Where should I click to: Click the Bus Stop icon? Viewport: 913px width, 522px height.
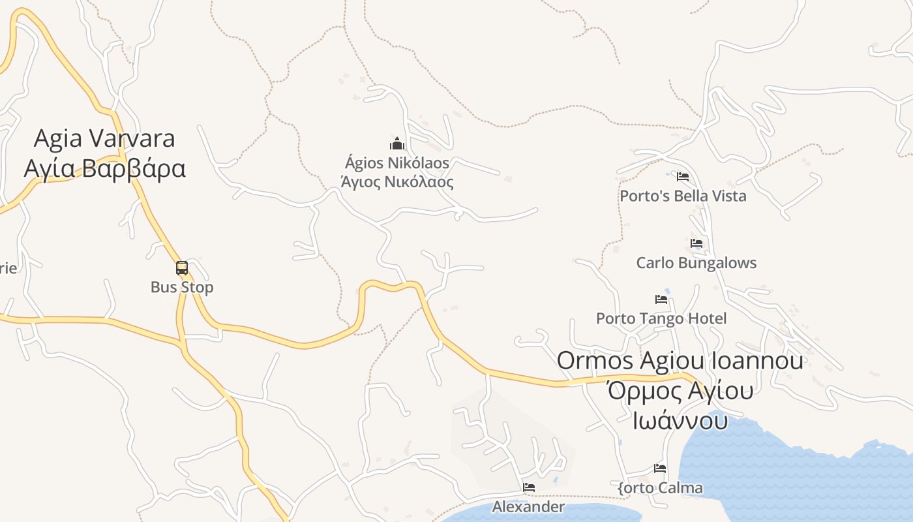[x=182, y=268]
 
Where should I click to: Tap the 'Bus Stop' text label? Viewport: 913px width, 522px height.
[x=182, y=287]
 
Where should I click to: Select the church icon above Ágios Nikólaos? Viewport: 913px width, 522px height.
[x=397, y=144]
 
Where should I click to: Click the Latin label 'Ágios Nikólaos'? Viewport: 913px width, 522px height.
[x=397, y=162]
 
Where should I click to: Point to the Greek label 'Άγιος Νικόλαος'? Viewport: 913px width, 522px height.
[x=397, y=182]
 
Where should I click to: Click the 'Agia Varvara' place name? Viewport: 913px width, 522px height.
[x=104, y=138]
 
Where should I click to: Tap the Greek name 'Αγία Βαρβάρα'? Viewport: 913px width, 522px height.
[x=104, y=168]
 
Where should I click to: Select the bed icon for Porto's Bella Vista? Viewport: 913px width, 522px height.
[x=683, y=176]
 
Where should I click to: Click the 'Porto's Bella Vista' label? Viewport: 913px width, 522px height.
[x=683, y=196]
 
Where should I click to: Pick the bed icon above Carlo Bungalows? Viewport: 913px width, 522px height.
[x=696, y=243]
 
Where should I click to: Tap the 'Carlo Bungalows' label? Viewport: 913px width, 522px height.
[x=696, y=263]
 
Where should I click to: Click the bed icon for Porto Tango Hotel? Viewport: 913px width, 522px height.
[x=661, y=299]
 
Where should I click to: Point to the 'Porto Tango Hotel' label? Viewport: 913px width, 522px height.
[x=661, y=318]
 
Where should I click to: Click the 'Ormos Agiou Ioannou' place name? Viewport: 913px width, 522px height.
[x=680, y=360]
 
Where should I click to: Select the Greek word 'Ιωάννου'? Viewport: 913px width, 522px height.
[x=680, y=420]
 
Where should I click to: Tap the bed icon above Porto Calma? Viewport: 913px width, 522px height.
[x=660, y=468]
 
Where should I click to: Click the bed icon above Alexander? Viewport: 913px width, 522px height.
[x=529, y=487]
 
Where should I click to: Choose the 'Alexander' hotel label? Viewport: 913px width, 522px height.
[x=529, y=507]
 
